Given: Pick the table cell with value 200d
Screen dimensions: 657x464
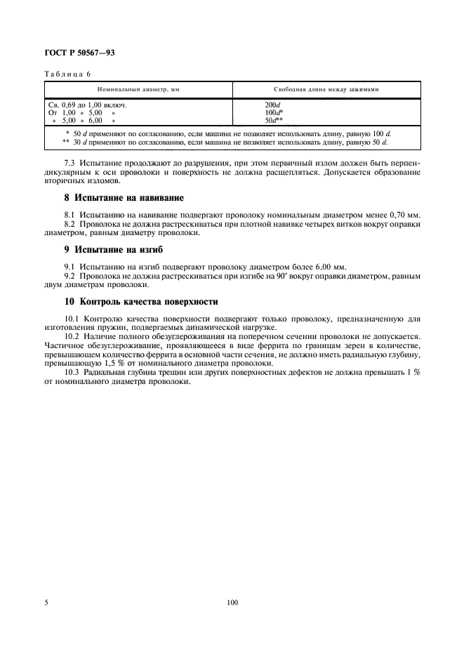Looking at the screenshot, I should [x=263, y=105].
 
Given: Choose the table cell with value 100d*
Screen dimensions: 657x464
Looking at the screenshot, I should [x=265, y=112].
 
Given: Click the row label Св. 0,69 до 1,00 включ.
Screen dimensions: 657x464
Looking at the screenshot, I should [x=87, y=105].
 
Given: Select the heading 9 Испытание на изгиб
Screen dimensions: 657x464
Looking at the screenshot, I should [x=105, y=248].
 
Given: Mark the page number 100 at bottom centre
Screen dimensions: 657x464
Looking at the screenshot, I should [x=233, y=602].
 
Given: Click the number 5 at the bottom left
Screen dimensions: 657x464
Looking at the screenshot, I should [x=46, y=602].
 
